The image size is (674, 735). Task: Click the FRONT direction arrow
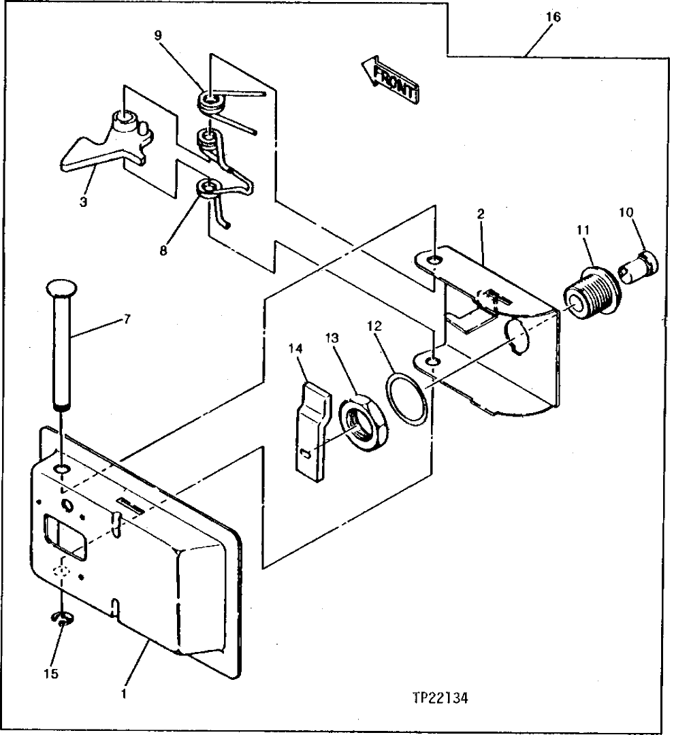[x=389, y=80]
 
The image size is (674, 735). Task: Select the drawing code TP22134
[x=443, y=699]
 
